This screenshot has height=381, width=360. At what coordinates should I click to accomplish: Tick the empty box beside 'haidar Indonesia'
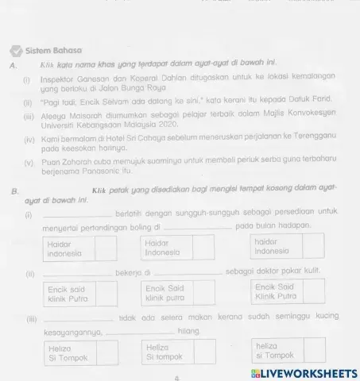click(313, 247)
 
